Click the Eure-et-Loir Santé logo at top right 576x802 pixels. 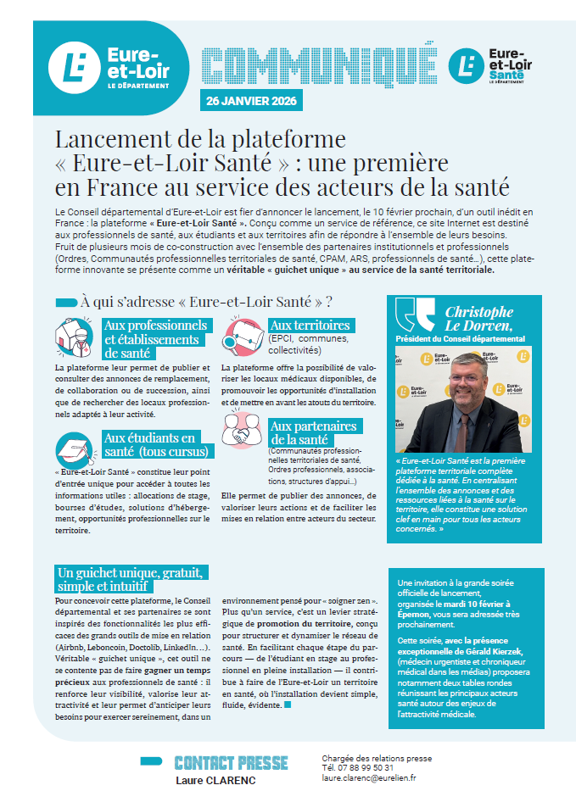[x=496, y=65]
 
